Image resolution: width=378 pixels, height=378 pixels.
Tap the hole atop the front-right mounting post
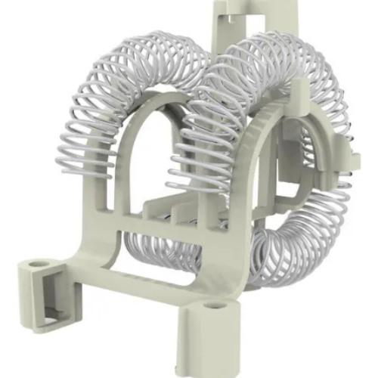(x=214, y=306)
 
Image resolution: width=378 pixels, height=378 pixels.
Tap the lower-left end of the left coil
(x=76, y=163)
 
